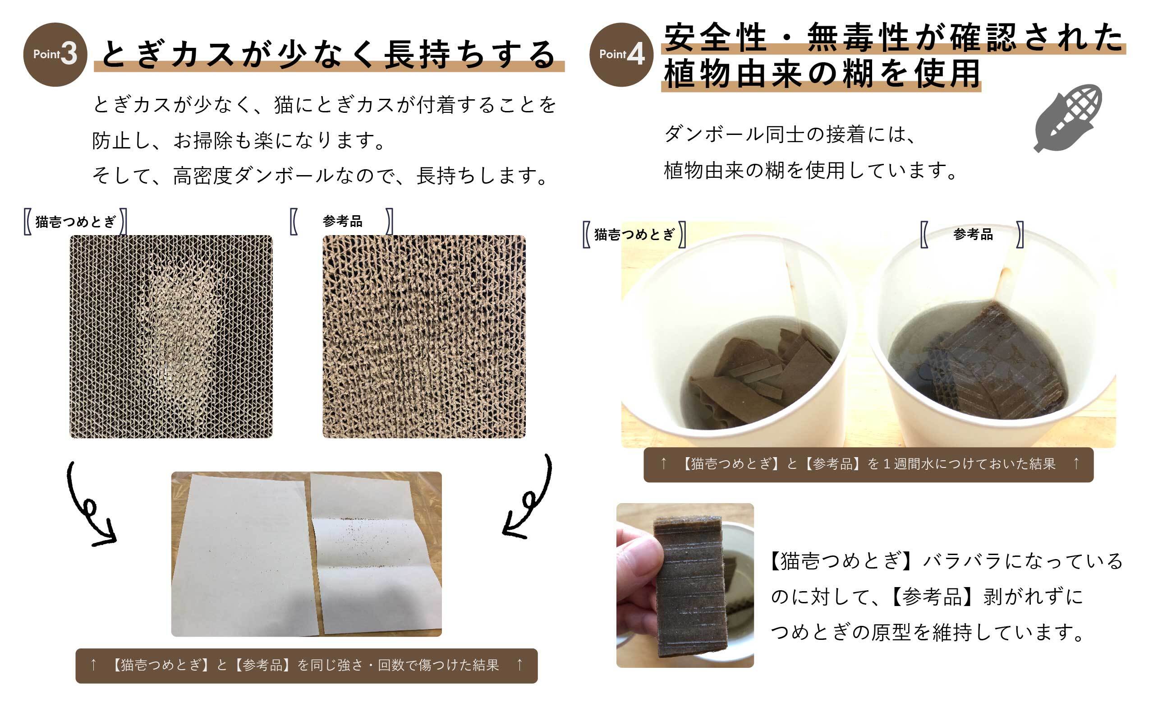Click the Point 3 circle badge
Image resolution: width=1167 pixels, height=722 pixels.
(55, 55)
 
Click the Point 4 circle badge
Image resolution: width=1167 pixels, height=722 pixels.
(621, 55)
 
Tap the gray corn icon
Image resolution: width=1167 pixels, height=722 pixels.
(1068, 118)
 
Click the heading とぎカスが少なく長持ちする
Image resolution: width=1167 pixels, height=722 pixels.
(329, 54)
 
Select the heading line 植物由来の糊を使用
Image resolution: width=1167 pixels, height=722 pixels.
(822, 74)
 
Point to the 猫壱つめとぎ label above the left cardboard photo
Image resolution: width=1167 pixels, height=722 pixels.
(75, 222)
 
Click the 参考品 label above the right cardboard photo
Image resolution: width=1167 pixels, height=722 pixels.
(342, 221)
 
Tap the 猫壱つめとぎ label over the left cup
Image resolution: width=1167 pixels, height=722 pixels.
(634, 234)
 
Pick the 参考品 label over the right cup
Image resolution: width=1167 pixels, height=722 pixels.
(973, 234)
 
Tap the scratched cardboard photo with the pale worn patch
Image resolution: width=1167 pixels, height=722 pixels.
(171, 337)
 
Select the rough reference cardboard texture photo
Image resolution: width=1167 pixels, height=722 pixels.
(424, 337)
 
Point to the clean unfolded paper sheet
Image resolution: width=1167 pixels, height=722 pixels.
(246, 554)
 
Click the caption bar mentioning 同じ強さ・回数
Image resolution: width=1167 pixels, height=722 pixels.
(306, 666)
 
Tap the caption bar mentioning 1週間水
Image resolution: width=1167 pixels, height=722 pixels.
(868, 465)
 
